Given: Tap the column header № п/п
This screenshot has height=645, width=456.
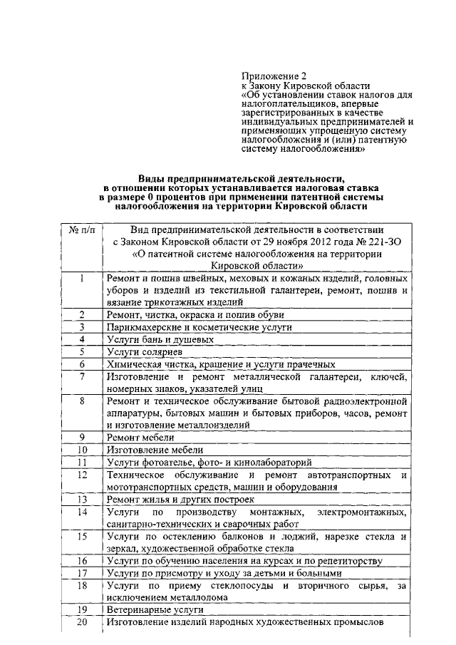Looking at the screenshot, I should pos(81,229).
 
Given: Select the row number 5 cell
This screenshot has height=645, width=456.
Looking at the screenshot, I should pos(83,351).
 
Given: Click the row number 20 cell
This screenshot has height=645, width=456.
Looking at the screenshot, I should pos(82,622).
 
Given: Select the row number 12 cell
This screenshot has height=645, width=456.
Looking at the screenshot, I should pos(82,475).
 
